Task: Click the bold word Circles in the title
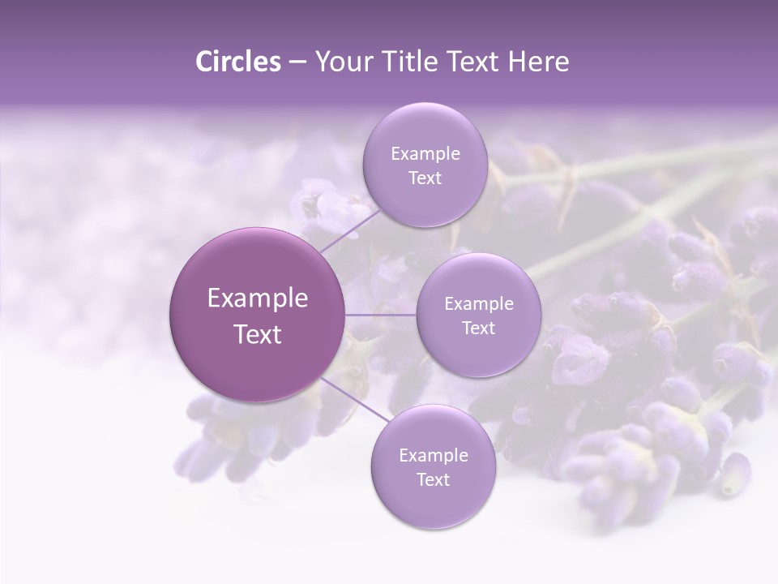click(x=237, y=62)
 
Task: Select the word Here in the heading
click(x=539, y=62)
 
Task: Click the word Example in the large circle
click(x=258, y=298)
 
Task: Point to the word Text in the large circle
click(x=258, y=334)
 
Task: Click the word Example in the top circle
click(x=425, y=154)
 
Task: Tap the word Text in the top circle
click(x=425, y=178)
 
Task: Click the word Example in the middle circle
click(x=478, y=304)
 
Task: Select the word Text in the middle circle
click(x=478, y=328)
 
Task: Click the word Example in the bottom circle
click(x=433, y=456)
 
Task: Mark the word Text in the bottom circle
click(x=433, y=480)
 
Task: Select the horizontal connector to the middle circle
click(x=381, y=315)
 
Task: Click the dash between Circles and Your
click(x=297, y=62)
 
